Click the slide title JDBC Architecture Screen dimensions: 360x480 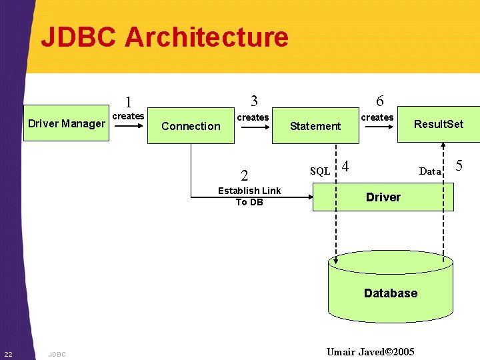tap(165, 37)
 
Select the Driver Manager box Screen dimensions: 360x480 tap(66, 123)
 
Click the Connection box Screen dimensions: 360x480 tap(191, 126)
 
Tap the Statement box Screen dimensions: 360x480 tap(315, 126)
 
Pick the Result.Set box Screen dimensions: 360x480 tap(438, 124)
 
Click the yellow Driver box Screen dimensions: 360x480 tap(383, 197)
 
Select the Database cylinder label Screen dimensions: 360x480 tap(391, 293)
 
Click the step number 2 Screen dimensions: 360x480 tap(245, 176)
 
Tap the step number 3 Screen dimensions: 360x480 tap(254, 101)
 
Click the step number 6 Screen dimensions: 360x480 tap(379, 101)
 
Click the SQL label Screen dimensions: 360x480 tap(320, 171)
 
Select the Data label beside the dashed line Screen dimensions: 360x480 tap(430, 171)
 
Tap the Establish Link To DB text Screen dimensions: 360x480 tap(249, 196)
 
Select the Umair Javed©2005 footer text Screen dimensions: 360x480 tap(371, 351)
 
